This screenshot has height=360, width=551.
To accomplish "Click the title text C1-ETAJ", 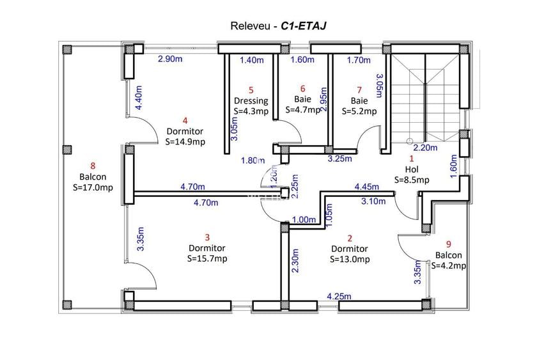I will click(304, 26).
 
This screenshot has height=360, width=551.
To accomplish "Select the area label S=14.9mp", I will click(185, 142).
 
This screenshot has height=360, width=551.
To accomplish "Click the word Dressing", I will click(251, 100).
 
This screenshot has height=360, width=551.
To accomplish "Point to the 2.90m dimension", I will click(172, 59).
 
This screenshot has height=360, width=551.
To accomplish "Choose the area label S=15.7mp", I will click(207, 258).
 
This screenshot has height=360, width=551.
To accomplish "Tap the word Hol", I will click(411, 169).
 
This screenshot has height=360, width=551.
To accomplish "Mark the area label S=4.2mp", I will click(449, 265).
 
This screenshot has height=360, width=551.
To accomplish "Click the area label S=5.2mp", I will click(359, 111).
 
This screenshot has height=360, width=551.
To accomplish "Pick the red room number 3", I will click(206, 237).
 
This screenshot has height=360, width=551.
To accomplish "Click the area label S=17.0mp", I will click(92, 187).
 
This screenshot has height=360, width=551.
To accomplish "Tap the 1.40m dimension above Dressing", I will click(251, 60).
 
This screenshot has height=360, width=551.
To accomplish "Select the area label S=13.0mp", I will click(350, 260).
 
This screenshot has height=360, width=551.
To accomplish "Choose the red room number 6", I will click(302, 89).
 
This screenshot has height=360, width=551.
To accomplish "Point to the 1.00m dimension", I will click(304, 219).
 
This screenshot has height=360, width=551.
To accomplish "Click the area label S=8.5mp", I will click(411, 180).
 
